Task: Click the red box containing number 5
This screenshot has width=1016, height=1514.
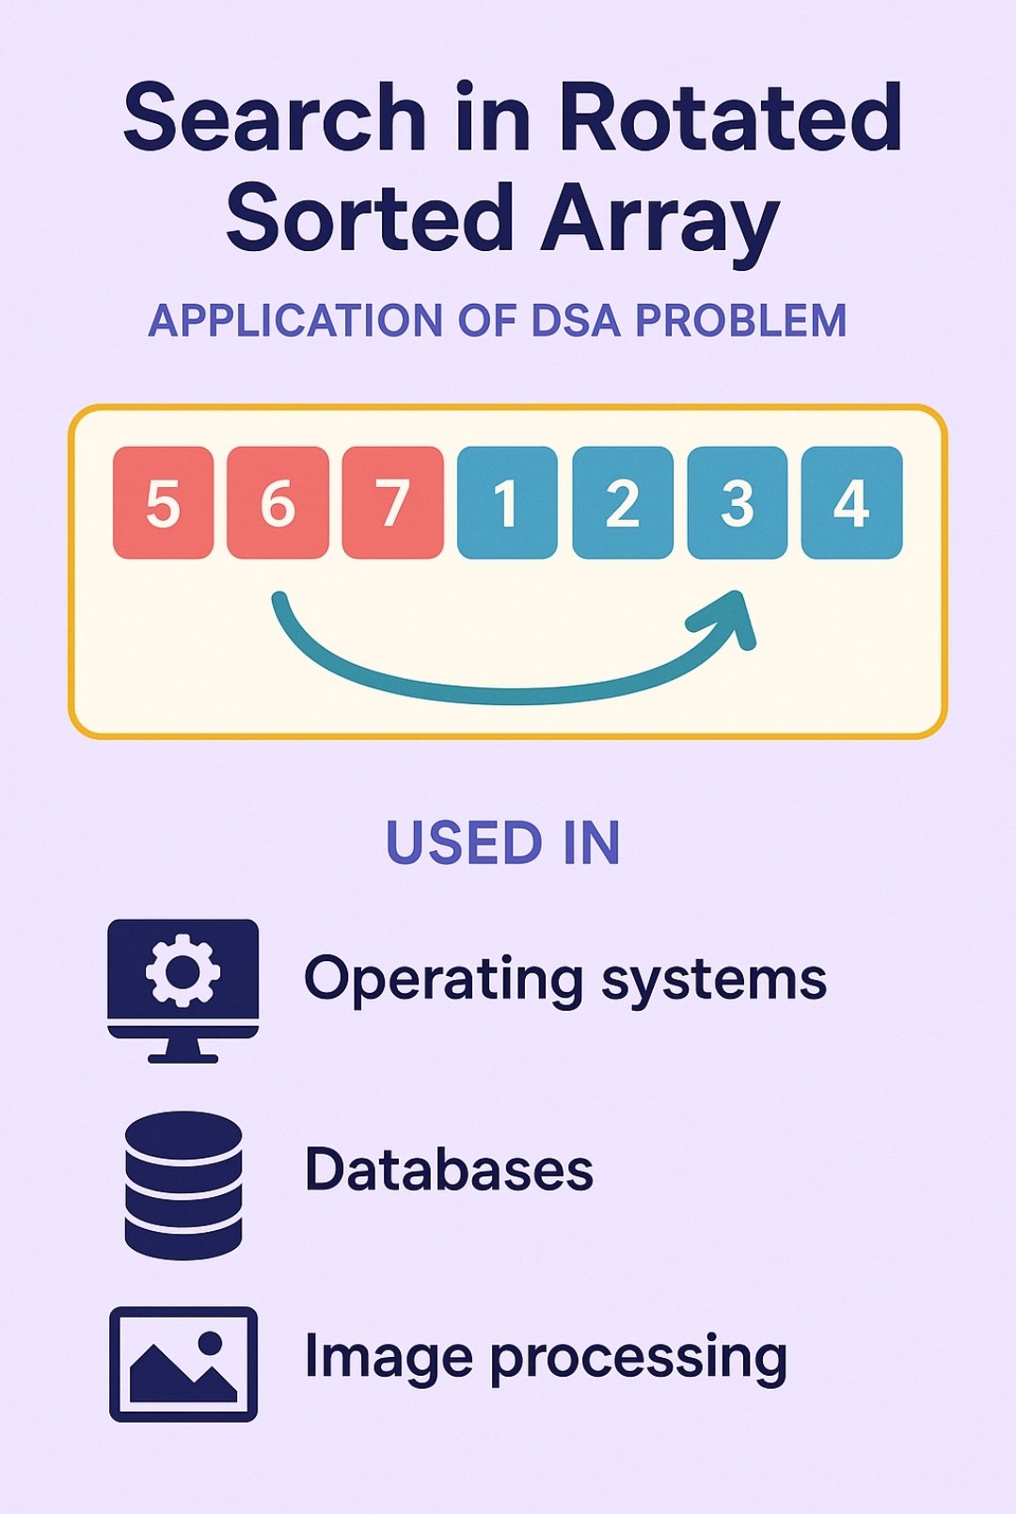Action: click(x=163, y=503)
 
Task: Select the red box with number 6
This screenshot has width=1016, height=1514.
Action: click(x=278, y=503)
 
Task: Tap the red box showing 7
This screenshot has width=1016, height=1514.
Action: click(x=392, y=503)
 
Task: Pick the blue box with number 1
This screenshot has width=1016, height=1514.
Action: click(x=507, y=503)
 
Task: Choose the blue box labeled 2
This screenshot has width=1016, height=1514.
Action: click(x=622, y=503)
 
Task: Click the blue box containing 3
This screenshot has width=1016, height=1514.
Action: click(x=737, y=503)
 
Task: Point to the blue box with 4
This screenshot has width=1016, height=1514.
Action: click(x=851, y=503)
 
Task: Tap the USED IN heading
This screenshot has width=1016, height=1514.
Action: click(x=503, y=843)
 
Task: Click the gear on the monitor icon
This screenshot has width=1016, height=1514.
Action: click(x=183, y=970)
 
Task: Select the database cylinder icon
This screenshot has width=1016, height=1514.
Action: click(x=183, y=1185)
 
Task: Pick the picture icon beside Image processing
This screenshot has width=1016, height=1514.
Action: click(x=183, y=1364)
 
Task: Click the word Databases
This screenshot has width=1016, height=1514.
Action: click(x=449, y=1170)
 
